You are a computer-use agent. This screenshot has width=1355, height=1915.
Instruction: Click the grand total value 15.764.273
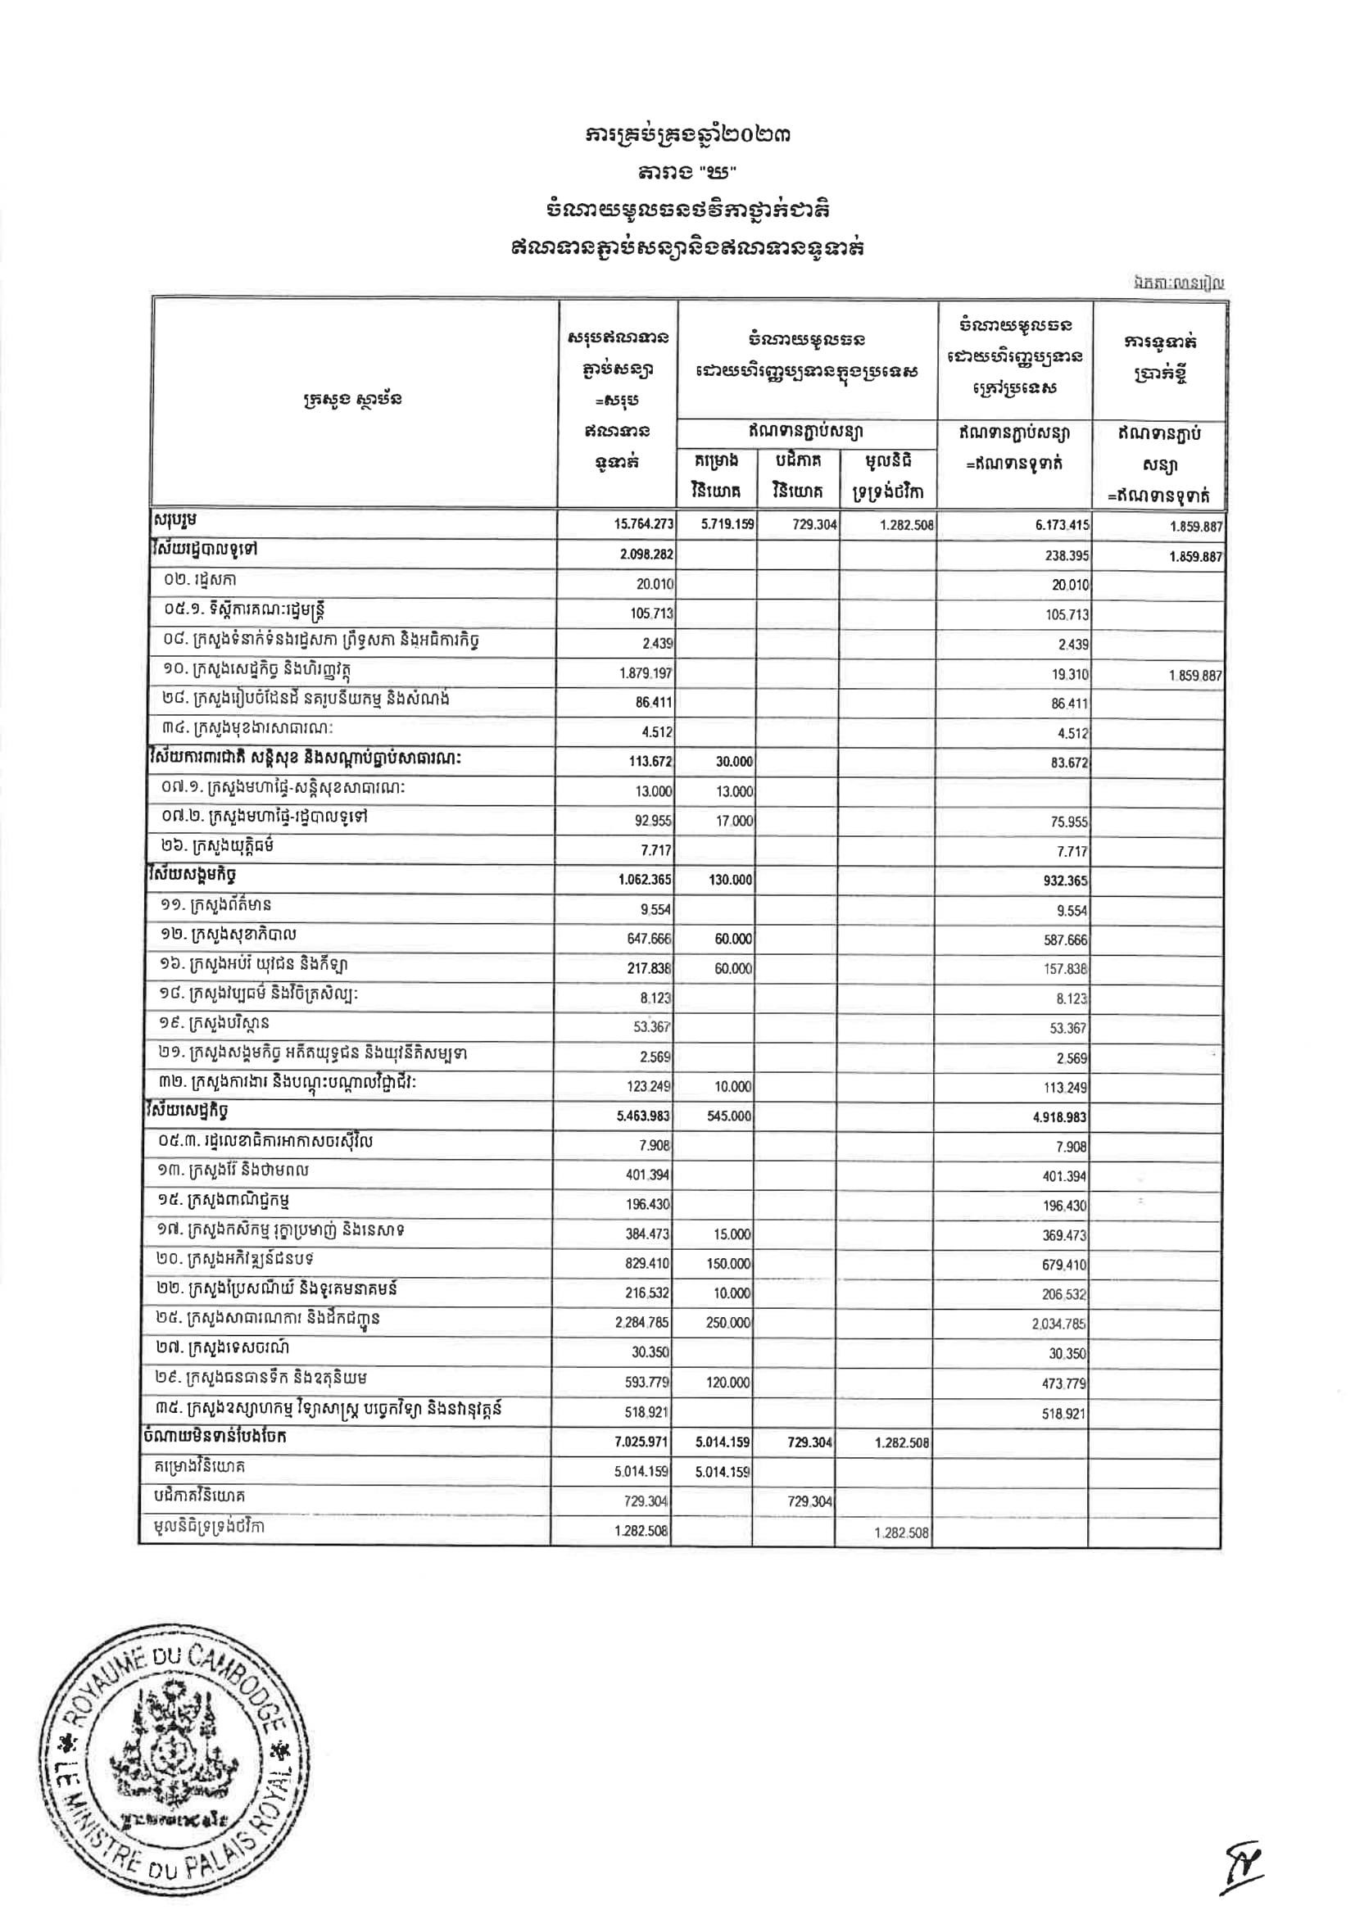[643, 525]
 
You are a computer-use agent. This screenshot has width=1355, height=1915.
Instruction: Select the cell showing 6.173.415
[1058, 526]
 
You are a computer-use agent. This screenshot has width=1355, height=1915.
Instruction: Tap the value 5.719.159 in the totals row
[726, 526]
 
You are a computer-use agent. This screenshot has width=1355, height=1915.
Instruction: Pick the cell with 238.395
[1068, 555]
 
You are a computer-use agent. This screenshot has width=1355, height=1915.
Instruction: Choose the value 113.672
[651, 763]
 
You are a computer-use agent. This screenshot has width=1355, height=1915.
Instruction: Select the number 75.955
[1069, 822]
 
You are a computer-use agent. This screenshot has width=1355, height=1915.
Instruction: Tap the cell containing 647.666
[650, 940]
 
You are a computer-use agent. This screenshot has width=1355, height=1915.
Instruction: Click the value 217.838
[650, 969]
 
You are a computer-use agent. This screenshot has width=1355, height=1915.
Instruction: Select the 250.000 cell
[728, 1324]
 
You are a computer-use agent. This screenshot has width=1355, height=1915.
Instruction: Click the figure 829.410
[650, 1265]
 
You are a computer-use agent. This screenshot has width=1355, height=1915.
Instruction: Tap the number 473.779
[1068, 1383]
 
